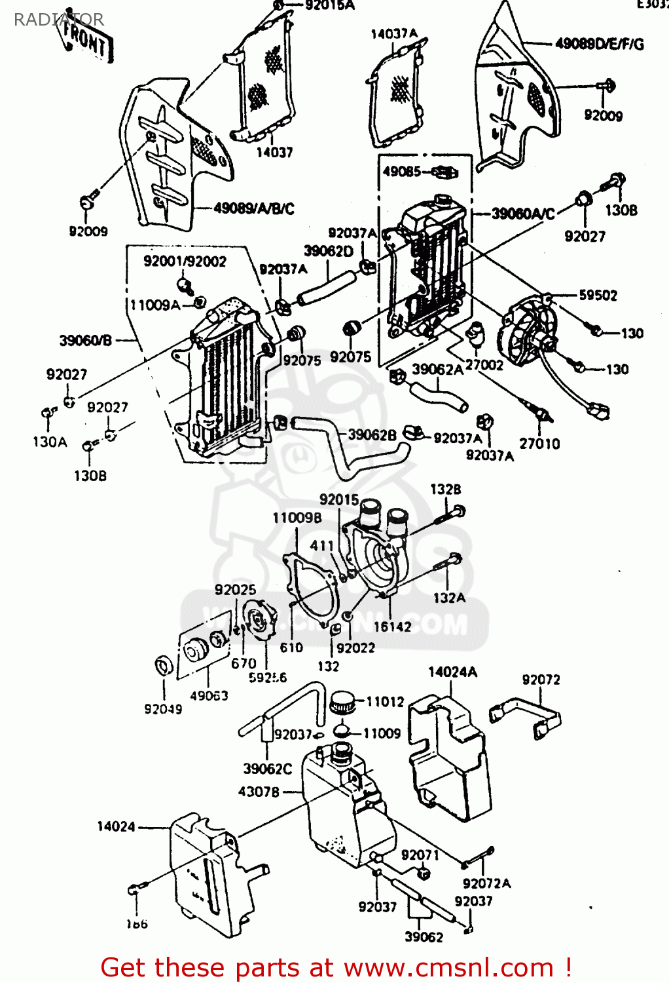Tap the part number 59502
[598, 296]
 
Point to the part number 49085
[401, 172]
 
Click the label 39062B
[372, 434]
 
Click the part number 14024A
[452, 672]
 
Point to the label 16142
[392, 626]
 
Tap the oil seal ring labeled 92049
[164, 666]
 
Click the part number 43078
[259, 792]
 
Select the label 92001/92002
[185, 261]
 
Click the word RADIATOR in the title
[58, 20]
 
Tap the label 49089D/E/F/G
[600, 44]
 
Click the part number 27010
[539, 444]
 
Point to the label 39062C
[267, 768]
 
